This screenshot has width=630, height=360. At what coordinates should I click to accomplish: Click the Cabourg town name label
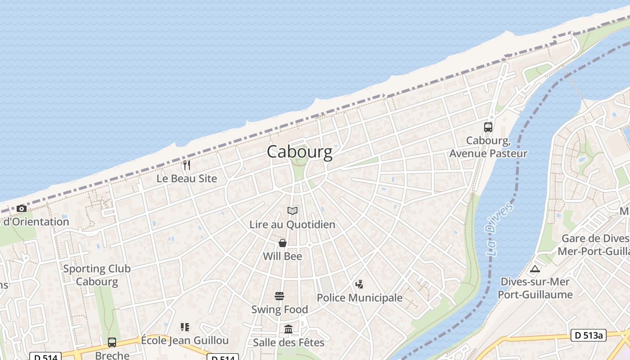[x=300, y=152]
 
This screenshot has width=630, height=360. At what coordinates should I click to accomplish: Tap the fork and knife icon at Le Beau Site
[x=187, y=165]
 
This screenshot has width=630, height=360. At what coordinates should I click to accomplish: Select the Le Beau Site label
[x=187, y=179]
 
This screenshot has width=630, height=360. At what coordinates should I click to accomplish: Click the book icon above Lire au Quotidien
[x=292, y=211]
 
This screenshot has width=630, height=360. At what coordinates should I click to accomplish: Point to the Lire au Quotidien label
[x=292, y=224]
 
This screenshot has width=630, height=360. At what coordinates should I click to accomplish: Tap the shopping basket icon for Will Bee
[x=283, y=243]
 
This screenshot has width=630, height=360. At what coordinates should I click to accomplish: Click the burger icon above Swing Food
[x=279, y=296]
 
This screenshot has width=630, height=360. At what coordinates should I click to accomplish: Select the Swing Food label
[x=279, y=310]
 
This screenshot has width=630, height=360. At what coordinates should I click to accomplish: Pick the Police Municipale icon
[x=359, y=284]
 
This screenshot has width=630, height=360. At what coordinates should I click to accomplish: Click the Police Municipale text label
[x=360, y=298]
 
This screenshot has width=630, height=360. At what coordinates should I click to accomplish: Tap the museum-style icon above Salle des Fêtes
[x=288, y=329]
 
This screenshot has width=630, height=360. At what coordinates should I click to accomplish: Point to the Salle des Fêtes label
[x=288, y=342]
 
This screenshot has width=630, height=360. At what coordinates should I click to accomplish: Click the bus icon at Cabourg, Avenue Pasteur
[x=488, y=127]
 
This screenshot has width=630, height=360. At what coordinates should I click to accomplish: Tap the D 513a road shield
[x=589, y=335]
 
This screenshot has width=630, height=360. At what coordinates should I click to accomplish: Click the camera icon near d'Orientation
[x=21, y=208]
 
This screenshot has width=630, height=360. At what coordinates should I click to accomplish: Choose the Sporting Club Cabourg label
[x=97, y=275]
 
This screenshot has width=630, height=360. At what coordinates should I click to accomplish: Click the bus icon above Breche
[x=112, y=342]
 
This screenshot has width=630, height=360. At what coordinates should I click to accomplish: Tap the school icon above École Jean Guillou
[x=185, y=327]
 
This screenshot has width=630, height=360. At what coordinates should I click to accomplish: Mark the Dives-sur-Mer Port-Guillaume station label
[x=535, y=288]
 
